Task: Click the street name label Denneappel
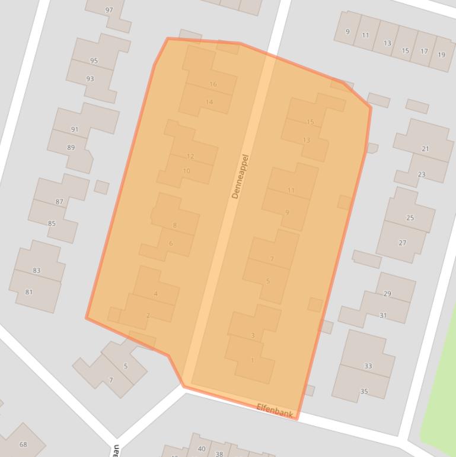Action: point(240,176)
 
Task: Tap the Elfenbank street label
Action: point(275,410)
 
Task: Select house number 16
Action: point(213,84)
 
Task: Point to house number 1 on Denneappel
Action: point(253,360)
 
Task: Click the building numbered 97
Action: point(109,10)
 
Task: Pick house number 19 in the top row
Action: point(441,55)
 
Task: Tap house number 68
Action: point(23,445)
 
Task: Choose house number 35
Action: point(364,391)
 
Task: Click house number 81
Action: point(29,292)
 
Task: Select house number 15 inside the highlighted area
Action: point(310,122)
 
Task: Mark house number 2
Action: point(148,315)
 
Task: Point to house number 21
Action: point(425,148)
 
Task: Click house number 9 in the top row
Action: point(347,31)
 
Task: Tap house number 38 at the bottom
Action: point(219,454)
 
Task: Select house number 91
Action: point(75,129)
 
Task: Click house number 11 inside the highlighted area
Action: point(291,191)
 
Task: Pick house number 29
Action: point(387,294)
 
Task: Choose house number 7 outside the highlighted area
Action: point(110,380)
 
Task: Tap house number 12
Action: point(190,157)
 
